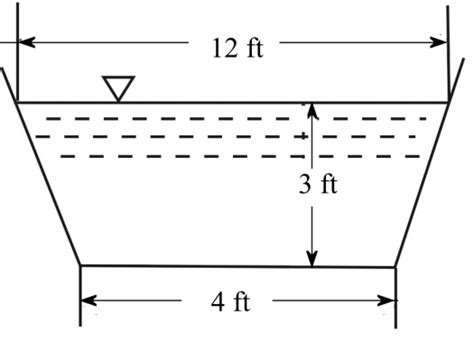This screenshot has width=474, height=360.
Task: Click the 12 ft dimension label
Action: click(x=238, y=48)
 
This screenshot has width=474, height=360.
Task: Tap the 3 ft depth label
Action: click(x=318, y=184)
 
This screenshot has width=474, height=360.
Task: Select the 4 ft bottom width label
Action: click(x=230, y=302)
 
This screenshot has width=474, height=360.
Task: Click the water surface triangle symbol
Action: click(x=118, y=88)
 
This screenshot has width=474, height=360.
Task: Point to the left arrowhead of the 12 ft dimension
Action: click(x=26, y=42)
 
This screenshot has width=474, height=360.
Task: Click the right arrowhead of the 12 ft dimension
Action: click(x=439, y=42)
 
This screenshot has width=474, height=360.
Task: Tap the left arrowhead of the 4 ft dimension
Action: click(x=89, y=300)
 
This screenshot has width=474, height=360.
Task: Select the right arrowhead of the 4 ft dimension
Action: click(x=387, y=300)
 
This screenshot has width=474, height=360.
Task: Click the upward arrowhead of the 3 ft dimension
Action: click(x=312, y=111)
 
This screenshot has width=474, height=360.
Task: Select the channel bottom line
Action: click(x=238, y=266)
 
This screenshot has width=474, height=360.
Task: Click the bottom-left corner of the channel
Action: click(x=80, y=266)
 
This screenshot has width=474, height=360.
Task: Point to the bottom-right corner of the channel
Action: click(x=395, y=267)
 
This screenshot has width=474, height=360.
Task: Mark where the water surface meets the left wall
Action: click(x=16, y=103)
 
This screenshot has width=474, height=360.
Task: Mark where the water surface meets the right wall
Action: click(x=449, y=103)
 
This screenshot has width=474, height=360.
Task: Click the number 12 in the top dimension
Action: click(x=224, y=48)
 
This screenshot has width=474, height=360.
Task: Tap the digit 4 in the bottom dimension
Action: click(x=218, y=302)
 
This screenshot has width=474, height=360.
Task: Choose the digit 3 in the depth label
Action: click(x=305, y=184)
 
